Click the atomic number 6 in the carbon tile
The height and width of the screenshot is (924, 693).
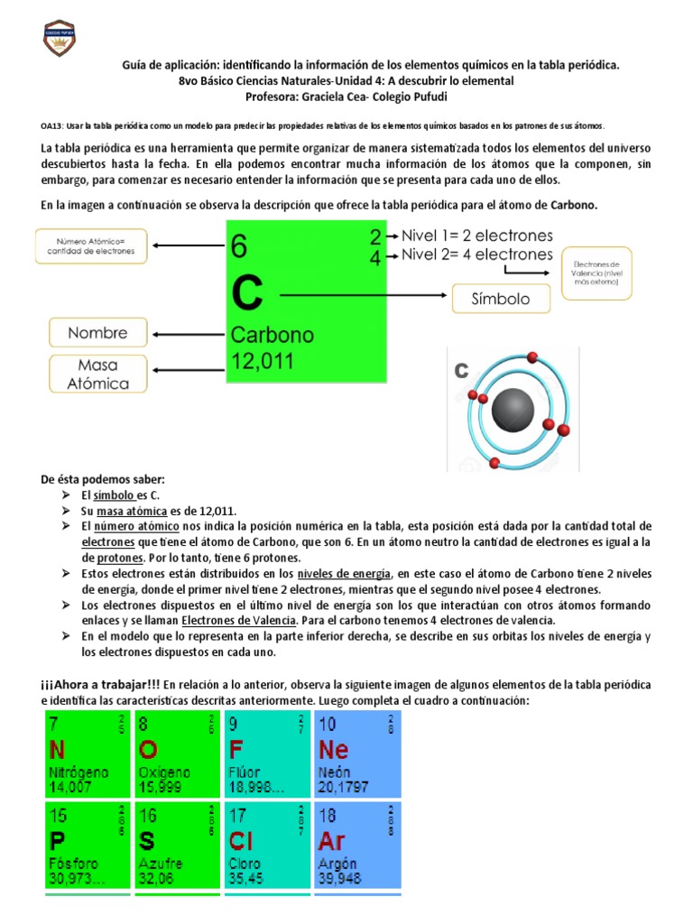pos(239,245)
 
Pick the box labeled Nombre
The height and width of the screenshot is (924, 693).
pos(98,333)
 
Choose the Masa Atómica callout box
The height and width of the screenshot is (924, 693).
pos(98,374)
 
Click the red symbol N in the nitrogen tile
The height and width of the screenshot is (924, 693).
pos(57,750)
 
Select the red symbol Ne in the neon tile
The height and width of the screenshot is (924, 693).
pos(334,750)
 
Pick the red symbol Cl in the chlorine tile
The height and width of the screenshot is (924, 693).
pos(241,842)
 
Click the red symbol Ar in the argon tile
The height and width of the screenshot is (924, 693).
pos(332,842)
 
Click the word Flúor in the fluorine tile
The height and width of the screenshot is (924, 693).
pos(245,772)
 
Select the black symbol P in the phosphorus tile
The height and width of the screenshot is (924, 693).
pos(56,842)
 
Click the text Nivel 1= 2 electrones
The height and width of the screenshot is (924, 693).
pos(476,236)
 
